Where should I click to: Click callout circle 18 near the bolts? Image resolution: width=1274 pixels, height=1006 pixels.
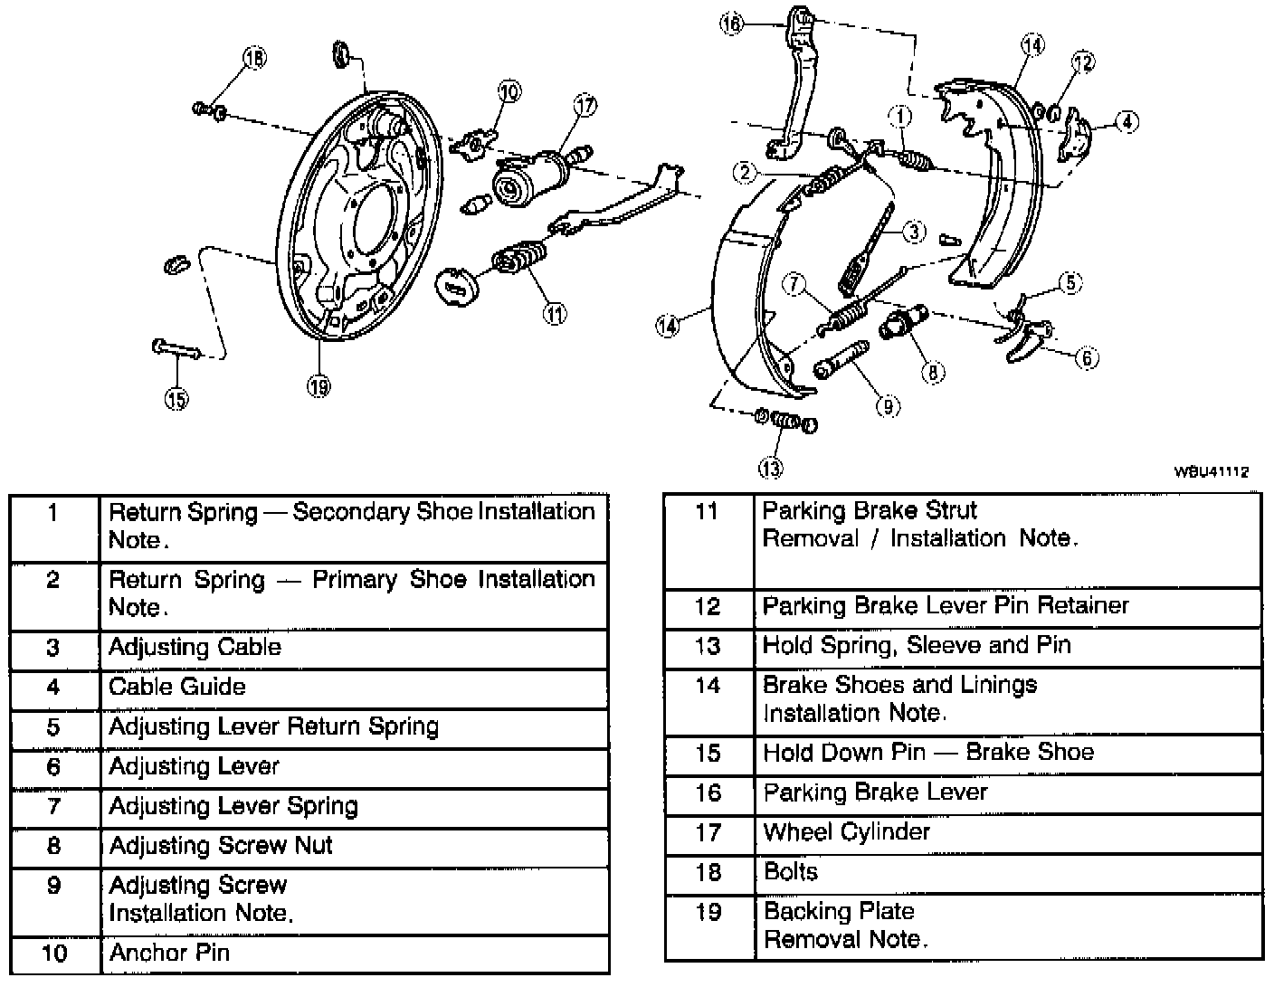(254, 58)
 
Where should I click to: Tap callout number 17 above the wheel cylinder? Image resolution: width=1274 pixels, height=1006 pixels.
(585, 106)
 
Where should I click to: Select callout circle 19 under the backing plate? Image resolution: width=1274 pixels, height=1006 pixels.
(318, 386)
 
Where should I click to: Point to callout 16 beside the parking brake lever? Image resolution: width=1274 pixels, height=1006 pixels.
(731, 24)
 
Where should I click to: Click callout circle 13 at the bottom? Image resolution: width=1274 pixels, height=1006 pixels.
(770, 468)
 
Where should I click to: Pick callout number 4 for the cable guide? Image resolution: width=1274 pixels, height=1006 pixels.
(1126, 121)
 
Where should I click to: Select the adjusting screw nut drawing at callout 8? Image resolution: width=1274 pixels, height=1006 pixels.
(905, 322)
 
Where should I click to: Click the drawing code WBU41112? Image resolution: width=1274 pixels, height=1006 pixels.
(1212, 471)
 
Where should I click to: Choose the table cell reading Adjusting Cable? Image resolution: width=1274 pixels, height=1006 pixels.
(195, 648)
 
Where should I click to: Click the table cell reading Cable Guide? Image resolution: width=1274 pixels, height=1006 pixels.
(176, 688)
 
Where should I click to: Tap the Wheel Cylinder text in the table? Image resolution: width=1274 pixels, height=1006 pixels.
(846, 832)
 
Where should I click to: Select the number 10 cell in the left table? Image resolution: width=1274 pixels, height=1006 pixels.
(54, 954)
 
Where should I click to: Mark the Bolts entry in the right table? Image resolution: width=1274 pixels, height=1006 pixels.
(790, 872)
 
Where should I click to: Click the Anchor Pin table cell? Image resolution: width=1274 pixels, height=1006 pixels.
(169, 954)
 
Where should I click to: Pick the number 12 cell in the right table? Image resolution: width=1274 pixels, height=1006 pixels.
(708, 606)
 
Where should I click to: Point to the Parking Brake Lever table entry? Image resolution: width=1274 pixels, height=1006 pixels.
(874, 792)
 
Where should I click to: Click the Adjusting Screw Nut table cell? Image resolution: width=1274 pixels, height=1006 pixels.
(221, 846)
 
